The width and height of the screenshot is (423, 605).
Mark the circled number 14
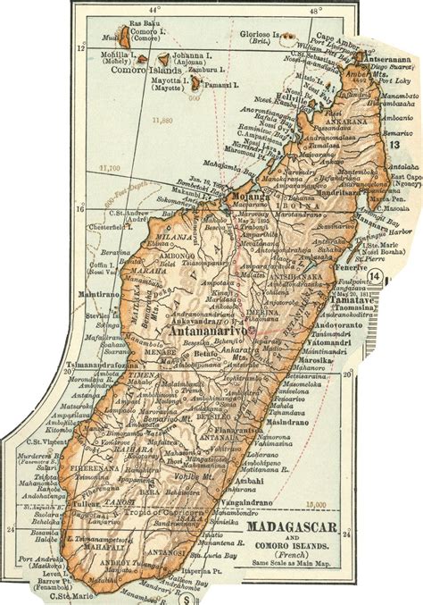click(397, 278)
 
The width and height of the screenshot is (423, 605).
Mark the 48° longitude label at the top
click(315, 12)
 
